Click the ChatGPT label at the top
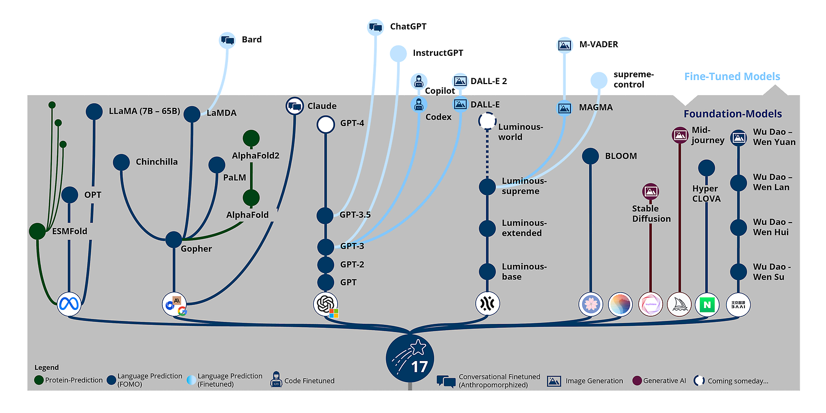(x=408, y=27)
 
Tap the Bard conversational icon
(x=227, y=40)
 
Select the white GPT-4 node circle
(x=326, y=124)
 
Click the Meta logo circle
(x=69, y=304)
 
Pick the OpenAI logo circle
(x=325, y=304)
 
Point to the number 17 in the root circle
(x=419, y=367)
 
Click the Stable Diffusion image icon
(x=651, y=191)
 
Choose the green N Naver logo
(x=707, y=305)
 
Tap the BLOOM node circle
(x=590, y=156)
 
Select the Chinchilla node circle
(x=121, y=162)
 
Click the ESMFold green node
(x=37, y=231)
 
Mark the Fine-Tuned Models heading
(x=732, y=77)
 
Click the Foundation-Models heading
(x=733, y=114)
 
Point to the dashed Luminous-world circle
(x=487, y=121)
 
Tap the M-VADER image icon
(x=564, y=45)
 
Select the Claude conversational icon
(x=294, y=106)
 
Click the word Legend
(x=47, y=367)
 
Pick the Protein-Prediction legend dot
(x=39, y=380)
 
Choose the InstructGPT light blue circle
(x=398, y=53)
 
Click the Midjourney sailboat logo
(x=679, y=305)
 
